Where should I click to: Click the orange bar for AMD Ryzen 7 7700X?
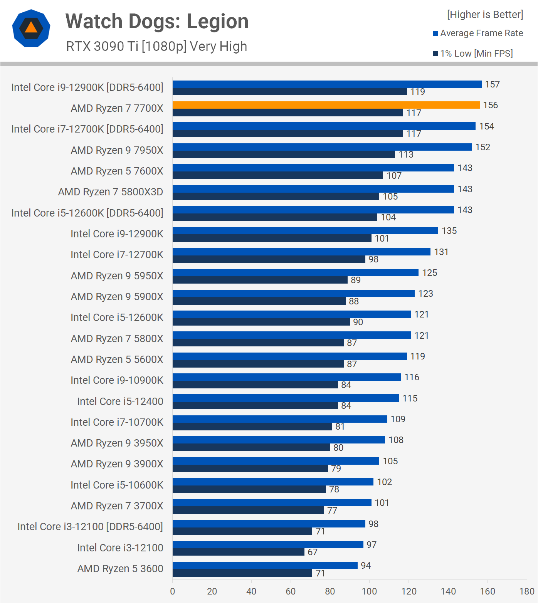point(326,105)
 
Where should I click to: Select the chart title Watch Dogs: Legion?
point(157,22)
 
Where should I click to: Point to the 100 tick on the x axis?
point(369,591)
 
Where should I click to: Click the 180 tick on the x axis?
point(526,591)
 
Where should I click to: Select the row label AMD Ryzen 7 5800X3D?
point(111,192)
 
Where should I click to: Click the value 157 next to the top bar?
point(492,84)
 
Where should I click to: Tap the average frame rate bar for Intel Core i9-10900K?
point(287,377)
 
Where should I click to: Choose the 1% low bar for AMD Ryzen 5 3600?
point(242,573)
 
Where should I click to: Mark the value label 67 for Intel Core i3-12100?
point(313,552)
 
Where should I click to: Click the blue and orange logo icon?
point(31,28)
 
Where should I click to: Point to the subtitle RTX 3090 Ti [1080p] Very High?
point(156,47)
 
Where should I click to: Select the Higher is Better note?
point(485,15)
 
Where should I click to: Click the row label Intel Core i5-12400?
point(120,401)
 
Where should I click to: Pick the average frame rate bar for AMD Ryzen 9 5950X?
point(296,273)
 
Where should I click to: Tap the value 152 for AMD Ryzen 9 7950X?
point(483,147)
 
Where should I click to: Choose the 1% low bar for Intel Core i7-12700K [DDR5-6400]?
point(287,134)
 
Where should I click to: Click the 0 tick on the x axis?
point(173,591)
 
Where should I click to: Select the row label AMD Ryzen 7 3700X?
point(117,506)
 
